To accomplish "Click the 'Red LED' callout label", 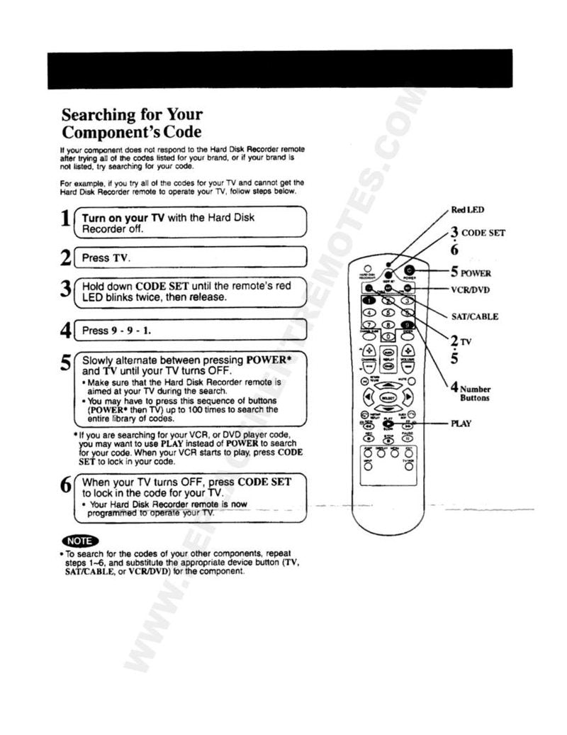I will pyautogui.click(x=468, y=209).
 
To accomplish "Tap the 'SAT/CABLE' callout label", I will pyautogui.click(x=474, y=316).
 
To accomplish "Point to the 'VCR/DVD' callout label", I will pyautogui.click(x=470, y=289).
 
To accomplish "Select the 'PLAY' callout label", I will pyautogui.click(x=461, y=424).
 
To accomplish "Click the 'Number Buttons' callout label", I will pyautogui.click(x=473, y=393).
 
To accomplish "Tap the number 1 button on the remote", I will pyautogui.click(x=369, y=302).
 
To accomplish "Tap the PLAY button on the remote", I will pyautogui.click(x=388, y=424).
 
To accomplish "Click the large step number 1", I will pyautogui.click(x=64, y=222).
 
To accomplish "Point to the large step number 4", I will pyautogui.click(x=65, y=331).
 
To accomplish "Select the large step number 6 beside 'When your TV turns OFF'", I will pyautogui.click(x=65, y=487).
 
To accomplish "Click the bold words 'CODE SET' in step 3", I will pyautogui.click(x=162, y=286).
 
